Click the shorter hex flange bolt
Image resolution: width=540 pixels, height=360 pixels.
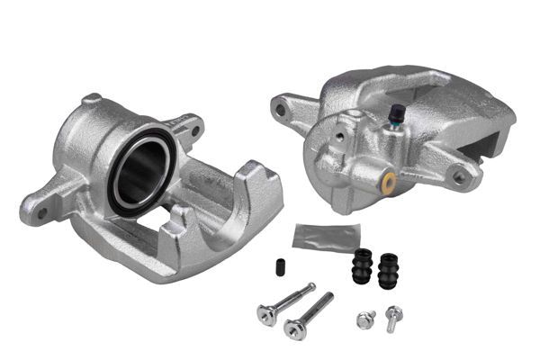[365, 319]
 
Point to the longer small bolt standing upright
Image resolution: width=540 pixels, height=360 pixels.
[393, 316]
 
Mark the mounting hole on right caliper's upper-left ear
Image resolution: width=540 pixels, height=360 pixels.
[282, 112]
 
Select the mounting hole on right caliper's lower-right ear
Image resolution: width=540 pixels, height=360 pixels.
[460, 176]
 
